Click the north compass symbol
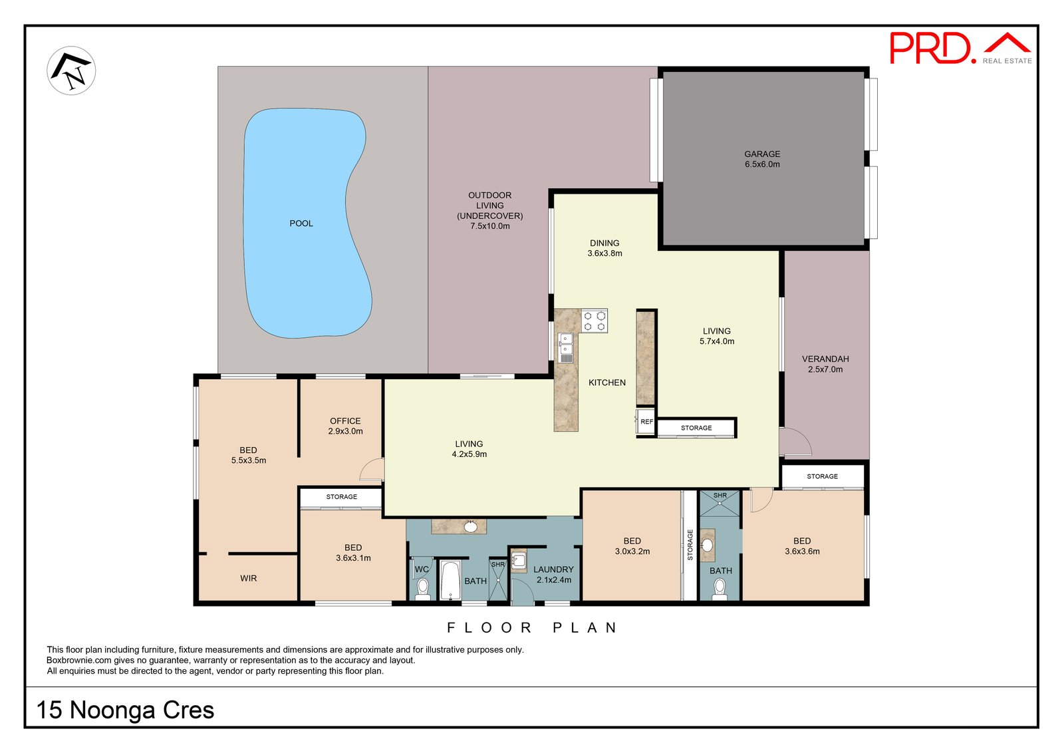[x=71, y=71]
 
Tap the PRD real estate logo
[x=960, y=48]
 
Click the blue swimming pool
[x=307, y=224]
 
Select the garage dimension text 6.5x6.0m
[x=762, y=164]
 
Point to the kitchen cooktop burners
[x=595, y=321]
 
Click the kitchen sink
[x=566, y=348]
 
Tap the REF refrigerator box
[x=646, y=421]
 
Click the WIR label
[x=249, y=578]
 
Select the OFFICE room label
[x=345, y=421]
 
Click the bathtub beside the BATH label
[x=450, y=580]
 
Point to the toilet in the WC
[x=422, y=589]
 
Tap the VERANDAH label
[x=825, y=359]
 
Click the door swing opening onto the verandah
[x=795, y=442]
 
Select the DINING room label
[x=604, y=243]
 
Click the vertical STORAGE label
[x=690, y=545]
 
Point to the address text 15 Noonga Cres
[x=126, y=710]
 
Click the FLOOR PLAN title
[x=532, y=628]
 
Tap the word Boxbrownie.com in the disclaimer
[x=79, y=661]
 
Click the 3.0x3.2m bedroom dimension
[x=632, y=551]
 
